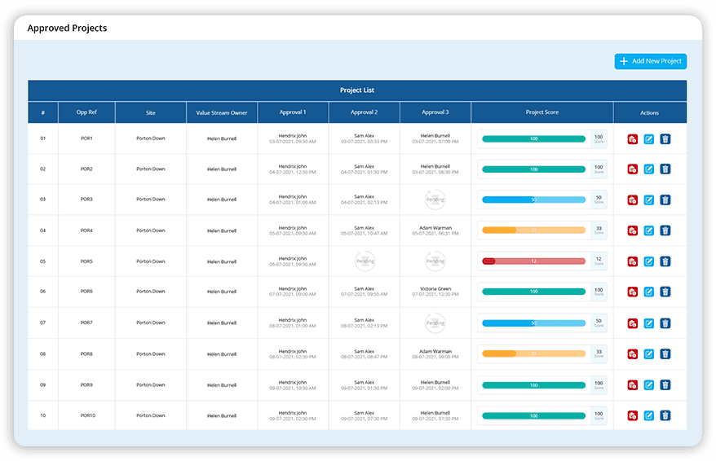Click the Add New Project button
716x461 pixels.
point(650,61)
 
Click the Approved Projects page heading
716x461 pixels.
point(67,28)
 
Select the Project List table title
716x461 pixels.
point(357,90)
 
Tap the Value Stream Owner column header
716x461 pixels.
point(222,112)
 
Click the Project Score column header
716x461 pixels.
point(542,112)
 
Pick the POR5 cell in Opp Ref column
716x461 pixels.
point(86,261)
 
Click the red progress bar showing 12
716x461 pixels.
point(533,261)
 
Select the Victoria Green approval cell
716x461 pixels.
point(435,292)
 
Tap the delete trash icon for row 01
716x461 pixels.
point(665,139)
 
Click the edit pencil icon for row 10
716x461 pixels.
point(649,415)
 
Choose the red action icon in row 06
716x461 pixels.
point(632,292)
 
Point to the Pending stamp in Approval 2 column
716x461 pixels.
point(365,261)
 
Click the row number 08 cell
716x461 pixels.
point(43,354)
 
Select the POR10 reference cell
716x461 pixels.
point(86,415)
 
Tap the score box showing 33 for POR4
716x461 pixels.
point(599,230)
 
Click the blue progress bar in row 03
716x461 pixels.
point(533,200)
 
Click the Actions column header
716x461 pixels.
point(649,112)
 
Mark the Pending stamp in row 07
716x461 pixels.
point(435,323)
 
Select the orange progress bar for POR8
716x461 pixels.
point(533,354)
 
